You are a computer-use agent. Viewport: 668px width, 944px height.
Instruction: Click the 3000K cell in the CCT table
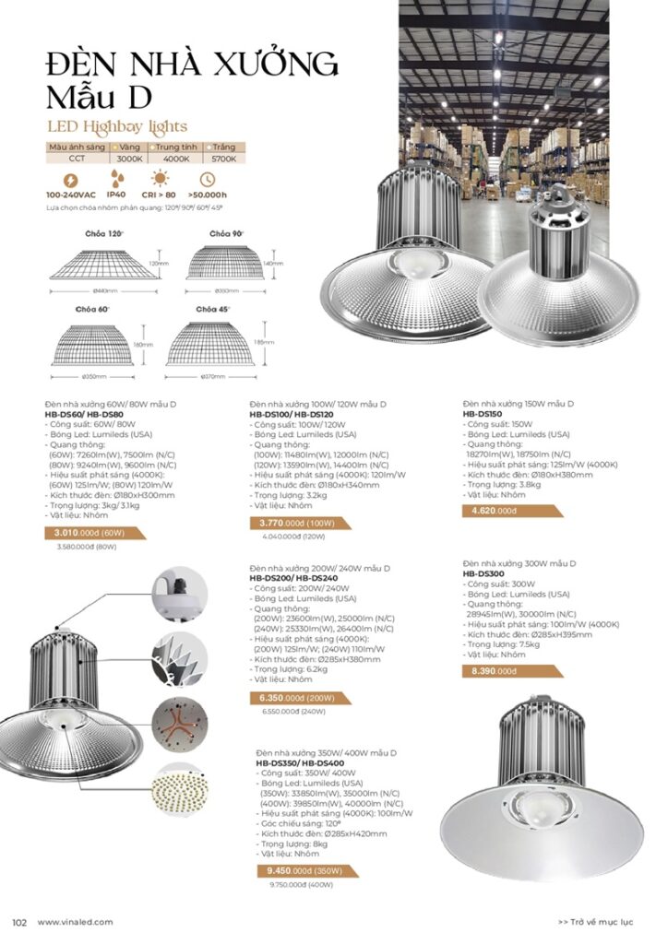130,159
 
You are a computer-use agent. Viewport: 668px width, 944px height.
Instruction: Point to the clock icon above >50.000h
207,179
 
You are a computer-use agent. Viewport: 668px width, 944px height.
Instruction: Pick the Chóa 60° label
95,308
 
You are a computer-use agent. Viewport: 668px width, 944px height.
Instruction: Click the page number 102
18,922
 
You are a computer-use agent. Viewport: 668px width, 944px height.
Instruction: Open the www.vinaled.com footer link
75,922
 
